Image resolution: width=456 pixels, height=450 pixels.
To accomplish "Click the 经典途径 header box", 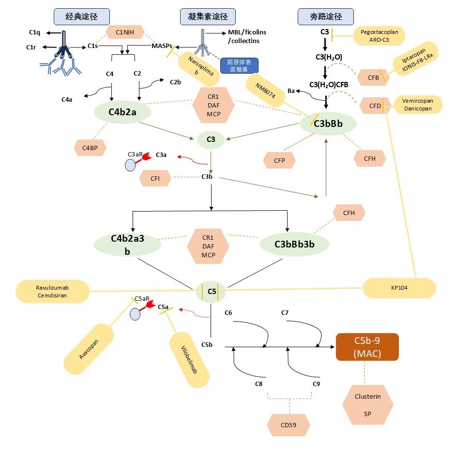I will pos(81,17).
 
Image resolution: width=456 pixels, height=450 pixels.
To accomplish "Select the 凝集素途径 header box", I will pos(204,17).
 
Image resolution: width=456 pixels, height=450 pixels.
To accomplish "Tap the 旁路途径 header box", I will pos(326,17).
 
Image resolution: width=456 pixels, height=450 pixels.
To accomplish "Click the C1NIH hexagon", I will pos(125,33).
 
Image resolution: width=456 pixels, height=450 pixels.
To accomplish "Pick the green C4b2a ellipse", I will pos(123,112).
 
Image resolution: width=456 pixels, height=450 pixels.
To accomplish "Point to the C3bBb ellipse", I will pos(328,124).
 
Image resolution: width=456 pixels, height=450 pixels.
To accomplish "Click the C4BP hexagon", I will pos(90,147).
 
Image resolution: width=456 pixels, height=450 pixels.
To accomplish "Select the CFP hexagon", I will pos(279,159).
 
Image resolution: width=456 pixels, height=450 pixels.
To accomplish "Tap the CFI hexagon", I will pos(155,178).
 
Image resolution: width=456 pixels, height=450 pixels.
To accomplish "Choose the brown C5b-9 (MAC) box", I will pos(367,347).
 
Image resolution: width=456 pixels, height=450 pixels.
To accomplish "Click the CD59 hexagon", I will pos(289,425).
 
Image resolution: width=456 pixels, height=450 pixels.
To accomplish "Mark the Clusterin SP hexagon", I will pos(367,405).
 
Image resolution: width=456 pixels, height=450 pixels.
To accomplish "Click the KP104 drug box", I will pos(399,288).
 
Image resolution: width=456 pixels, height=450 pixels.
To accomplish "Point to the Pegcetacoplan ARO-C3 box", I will pos(379,36).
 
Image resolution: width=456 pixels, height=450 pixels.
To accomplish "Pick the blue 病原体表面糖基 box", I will pos(240,65).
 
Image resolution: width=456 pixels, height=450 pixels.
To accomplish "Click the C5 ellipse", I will pos(212,291).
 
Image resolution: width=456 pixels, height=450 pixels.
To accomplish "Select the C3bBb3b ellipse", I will pos(294,244).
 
